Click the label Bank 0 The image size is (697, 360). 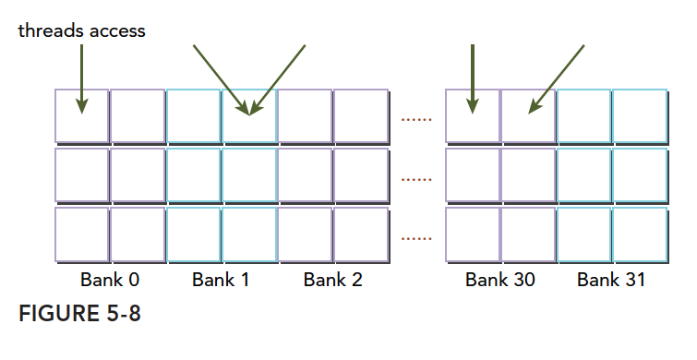click(110, 280)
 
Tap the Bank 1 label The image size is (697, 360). click(221, 280)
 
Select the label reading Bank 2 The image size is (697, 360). click(333, 280)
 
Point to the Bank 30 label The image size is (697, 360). click(500, 280)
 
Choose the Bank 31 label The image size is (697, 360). click(611, 280)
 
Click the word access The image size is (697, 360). click(117, 31)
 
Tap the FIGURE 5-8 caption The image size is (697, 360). click(79, 313)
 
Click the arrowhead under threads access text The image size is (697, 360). click(82, 106)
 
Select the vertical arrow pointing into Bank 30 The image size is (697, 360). click(473, 79)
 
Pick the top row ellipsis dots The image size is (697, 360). click(416, 120)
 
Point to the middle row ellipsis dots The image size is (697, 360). click(416, 180)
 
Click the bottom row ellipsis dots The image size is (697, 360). click(416, 239)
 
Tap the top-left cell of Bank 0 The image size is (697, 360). click(82, 116)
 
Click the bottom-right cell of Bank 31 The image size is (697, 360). click(640, 234)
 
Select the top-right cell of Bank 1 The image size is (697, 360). click(249, 116)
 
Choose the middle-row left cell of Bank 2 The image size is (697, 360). click(305, 175)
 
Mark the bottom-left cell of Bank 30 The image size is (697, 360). click(473, 234)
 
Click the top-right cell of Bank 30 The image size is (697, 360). click(529, 116)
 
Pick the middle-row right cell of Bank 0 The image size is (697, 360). click(138, 175)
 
